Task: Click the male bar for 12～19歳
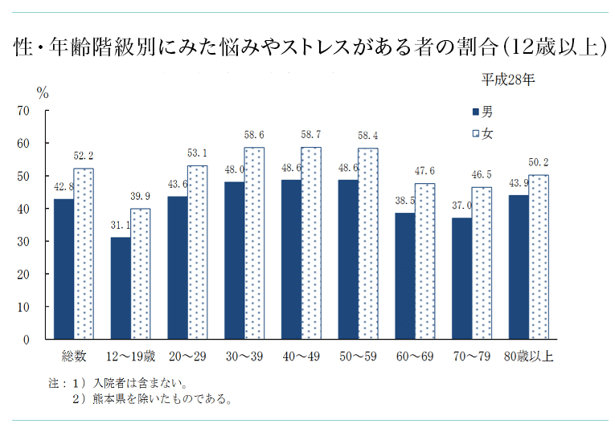click(x=121, y=288)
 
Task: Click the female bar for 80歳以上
click(x=539, y=257)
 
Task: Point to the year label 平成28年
click(x=508, y=79)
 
